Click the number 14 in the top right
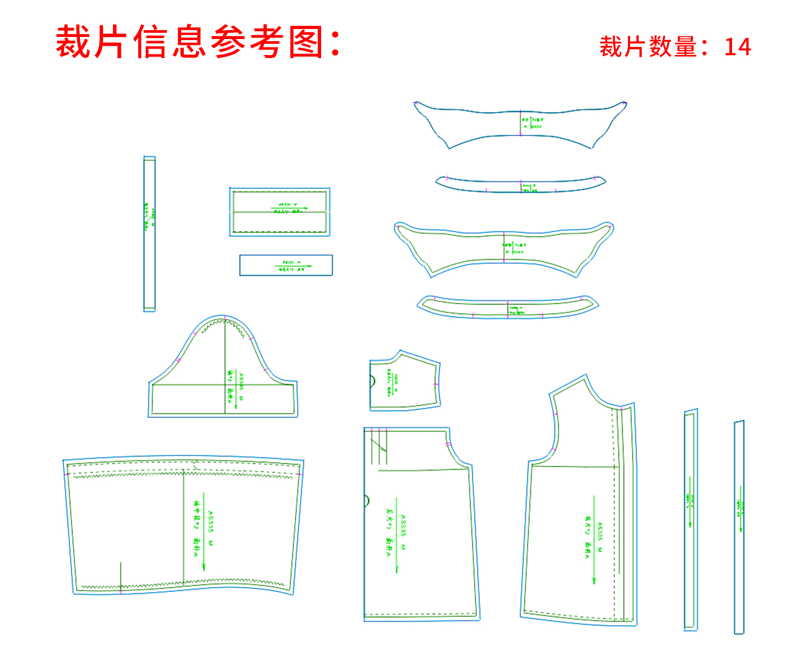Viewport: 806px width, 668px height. coord(737,47)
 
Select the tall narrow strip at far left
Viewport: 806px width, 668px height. coord(149,234)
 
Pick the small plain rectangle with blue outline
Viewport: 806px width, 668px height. coord(286,265)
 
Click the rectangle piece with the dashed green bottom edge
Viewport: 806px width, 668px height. coord(279,212)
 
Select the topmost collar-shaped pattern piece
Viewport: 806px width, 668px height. coord(520,123)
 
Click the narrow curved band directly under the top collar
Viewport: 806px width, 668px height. coord(521,184)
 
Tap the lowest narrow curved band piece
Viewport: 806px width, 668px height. coord(508,307)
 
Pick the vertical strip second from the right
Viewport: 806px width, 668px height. coord(690,520)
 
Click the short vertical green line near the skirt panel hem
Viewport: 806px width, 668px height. coord(121,576)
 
